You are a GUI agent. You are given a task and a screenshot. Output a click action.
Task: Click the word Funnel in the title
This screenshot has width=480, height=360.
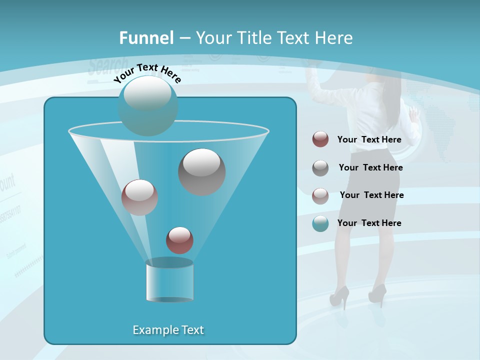click(146, 38)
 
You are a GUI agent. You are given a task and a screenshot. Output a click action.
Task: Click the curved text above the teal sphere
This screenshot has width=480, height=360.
click(147, 73)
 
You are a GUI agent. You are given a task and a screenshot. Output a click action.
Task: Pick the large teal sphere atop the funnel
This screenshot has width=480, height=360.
click(148, 105)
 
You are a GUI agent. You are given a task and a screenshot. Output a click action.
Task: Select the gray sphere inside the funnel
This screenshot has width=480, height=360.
click(201, 171)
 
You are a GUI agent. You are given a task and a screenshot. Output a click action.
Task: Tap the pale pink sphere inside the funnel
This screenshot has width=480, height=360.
click(139, 197)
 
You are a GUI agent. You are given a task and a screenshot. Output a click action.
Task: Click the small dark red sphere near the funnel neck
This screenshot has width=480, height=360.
click(179, 240)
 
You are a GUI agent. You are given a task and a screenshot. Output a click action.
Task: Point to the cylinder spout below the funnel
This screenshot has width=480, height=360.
click(169, 280)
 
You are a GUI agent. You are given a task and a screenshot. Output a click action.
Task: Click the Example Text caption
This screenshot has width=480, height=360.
click(168, 330)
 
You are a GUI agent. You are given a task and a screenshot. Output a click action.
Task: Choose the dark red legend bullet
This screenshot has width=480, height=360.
click(320, 139)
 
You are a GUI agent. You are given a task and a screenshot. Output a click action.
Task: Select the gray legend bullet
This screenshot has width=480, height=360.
click(320, 167)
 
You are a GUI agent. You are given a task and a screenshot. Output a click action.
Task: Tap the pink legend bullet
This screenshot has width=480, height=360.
click(320, 195)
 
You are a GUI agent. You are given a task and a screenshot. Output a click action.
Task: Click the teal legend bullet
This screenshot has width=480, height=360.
click(320, 223)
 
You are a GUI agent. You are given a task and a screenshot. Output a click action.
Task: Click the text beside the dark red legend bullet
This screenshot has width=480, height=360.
click(369, 139)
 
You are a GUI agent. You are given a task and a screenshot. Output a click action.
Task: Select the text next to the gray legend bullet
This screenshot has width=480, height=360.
click(370, 167)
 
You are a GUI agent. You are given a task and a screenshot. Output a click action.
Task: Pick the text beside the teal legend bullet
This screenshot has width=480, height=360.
click(369, 223)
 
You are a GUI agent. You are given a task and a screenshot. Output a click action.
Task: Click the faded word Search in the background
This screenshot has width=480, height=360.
click(107, 65)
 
